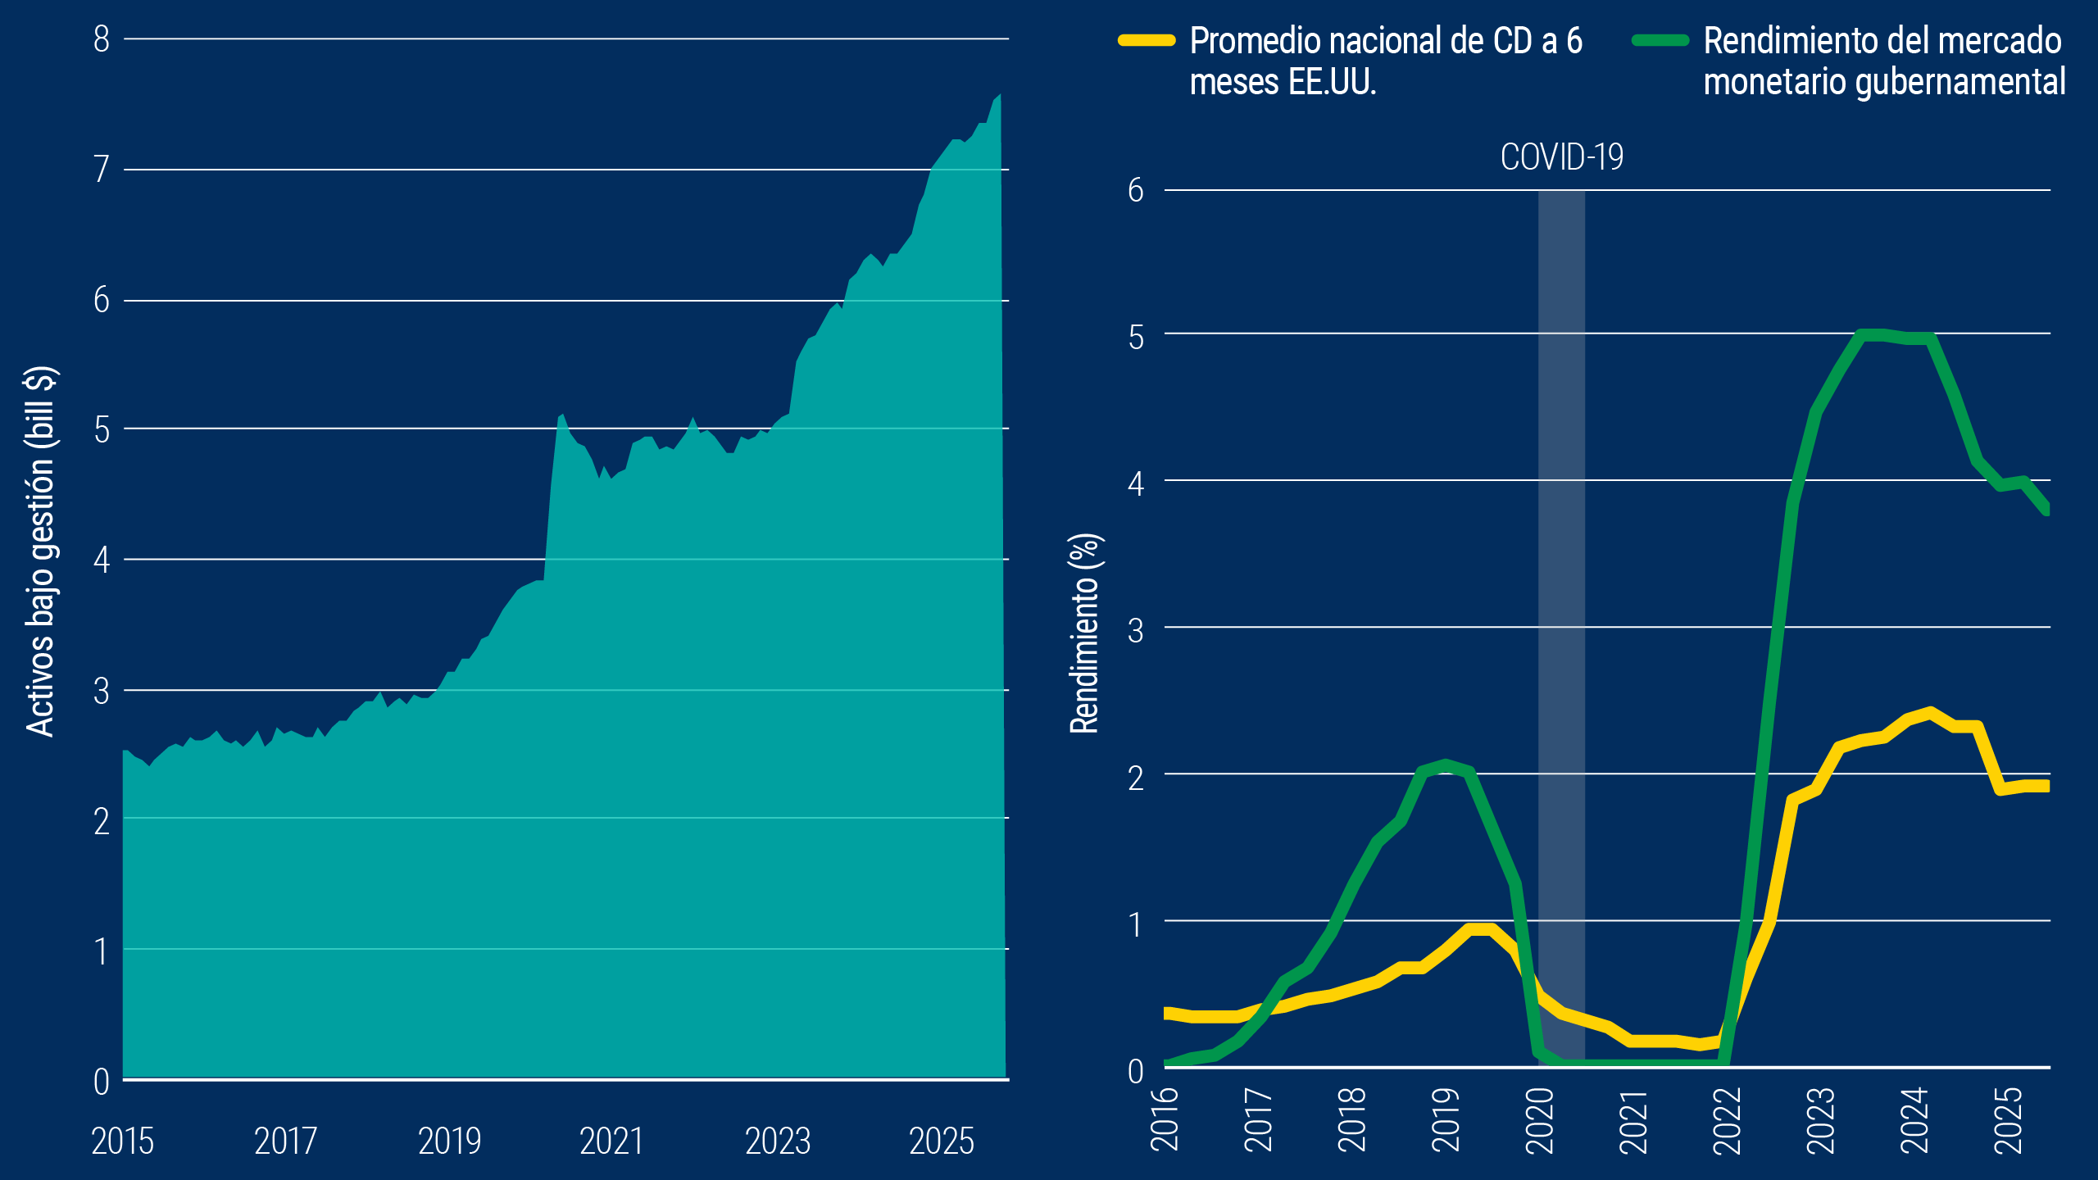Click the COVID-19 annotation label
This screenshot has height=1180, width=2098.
point(1561,157)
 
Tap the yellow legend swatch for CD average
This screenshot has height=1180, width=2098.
point(1147,40)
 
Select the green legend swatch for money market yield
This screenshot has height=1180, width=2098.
point(1660,40)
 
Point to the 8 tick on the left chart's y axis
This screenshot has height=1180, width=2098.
point(102,39)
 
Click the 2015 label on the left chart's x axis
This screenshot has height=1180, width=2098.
point(123,1141)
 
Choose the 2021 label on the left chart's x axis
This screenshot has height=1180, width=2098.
point(611,1141)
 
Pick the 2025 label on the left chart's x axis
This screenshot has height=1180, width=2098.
point(942,1141)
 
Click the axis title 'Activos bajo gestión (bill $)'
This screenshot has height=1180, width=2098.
point(41,551)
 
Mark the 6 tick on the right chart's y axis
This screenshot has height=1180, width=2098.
point(1136,190)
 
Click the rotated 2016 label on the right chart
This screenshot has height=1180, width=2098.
point(1165,1119)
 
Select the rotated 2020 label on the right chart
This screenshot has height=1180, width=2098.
point(1540,1119)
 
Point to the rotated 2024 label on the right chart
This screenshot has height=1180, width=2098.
point(1914,1119)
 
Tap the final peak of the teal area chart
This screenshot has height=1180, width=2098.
point(999,96)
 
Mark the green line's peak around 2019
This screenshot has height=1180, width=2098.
point(1446,765)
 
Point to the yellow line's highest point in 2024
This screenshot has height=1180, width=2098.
point(1932,712)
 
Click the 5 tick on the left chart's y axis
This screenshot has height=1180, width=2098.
point(102,429)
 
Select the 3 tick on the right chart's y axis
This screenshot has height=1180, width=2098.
point(1136,630)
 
